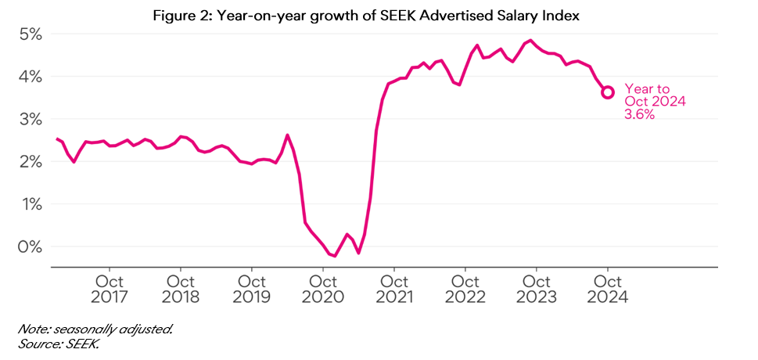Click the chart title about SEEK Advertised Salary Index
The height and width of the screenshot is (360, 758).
(379, 16)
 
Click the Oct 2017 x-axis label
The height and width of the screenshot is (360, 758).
(110, 289)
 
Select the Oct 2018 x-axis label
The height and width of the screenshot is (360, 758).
(181, 289)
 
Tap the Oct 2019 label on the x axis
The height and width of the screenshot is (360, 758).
(252, 289)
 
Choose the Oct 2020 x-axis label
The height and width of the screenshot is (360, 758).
(323, 289)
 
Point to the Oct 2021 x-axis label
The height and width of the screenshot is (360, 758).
(394, 289)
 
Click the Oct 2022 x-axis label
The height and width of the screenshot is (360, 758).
(465, 289)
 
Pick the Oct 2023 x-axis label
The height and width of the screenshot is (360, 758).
(537, 289)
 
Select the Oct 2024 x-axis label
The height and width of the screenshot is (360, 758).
(608, 289)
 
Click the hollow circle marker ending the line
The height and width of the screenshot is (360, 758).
(608, 92)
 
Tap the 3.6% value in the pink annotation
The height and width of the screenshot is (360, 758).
(639, 114)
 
